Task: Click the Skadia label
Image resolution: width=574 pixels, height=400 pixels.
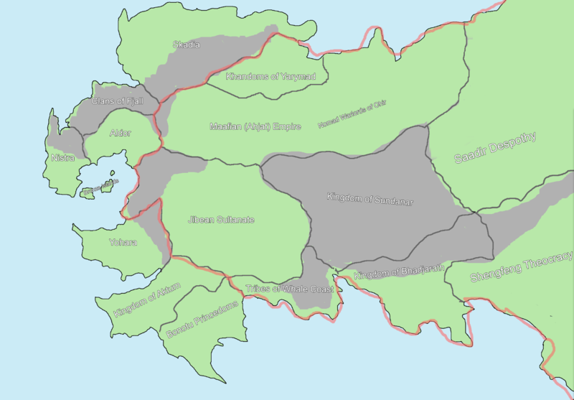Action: [x=187, y=45]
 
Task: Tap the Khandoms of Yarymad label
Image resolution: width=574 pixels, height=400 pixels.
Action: [x=260, y=76]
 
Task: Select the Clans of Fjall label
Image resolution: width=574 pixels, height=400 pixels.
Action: [x=118, y=101]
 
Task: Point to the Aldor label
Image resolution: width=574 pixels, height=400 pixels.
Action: [x=120, y=133]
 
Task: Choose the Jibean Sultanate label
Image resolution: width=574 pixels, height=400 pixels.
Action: [x=221, y=220]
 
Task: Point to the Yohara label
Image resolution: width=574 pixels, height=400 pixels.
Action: [x=123, y=242]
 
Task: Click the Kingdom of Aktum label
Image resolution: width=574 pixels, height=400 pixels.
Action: [x=147, y=301]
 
